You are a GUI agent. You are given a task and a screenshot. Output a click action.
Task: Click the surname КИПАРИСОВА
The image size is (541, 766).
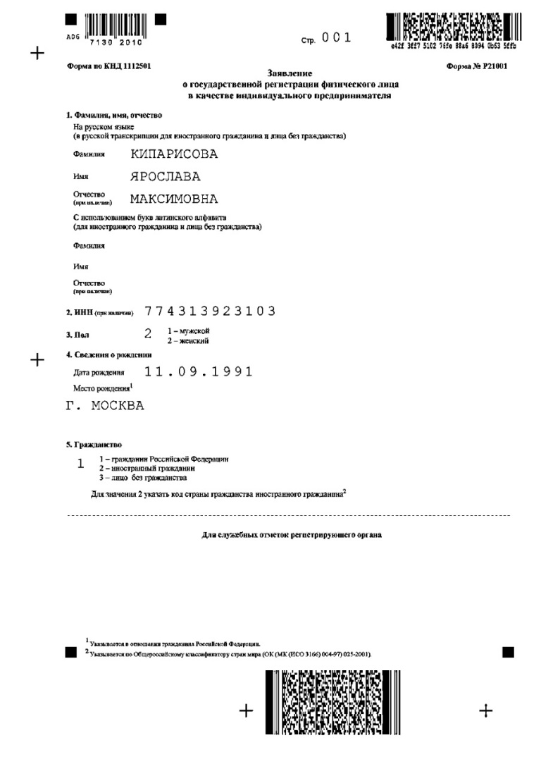click(174, 154)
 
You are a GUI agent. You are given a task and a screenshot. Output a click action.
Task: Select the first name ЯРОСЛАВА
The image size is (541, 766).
click(166, 176)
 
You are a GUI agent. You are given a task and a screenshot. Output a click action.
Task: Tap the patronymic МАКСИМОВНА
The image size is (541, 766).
click(174, 199)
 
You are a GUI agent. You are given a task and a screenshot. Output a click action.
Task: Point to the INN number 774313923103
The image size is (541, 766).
click(209, 311)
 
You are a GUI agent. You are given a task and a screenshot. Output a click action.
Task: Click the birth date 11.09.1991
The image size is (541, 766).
click(198, 371)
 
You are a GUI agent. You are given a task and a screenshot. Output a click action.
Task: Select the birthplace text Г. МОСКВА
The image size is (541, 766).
click(104, 406)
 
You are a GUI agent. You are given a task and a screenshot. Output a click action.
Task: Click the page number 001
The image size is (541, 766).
click(336, 39)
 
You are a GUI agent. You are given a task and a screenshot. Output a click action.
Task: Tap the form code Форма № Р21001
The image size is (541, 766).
click(477, 66)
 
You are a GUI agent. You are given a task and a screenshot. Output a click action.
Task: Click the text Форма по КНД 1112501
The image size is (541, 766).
click(108, 66)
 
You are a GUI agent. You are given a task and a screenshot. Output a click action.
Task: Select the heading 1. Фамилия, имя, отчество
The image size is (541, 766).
click(114, 115)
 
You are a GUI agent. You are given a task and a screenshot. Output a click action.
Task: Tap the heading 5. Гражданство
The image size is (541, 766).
click(94, 445)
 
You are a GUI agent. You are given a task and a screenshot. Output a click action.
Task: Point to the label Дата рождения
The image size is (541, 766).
click(99, 372)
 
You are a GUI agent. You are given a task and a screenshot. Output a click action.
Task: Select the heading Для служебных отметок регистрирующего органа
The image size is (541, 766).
click(292, 535)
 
